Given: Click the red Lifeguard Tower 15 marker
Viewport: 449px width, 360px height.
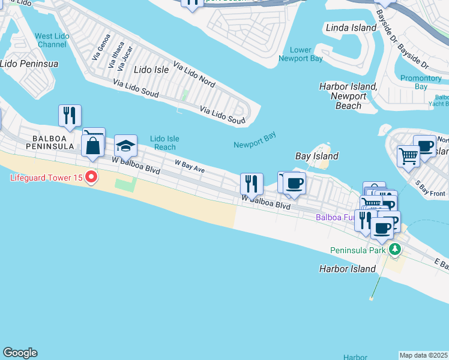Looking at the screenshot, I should pos(91,178).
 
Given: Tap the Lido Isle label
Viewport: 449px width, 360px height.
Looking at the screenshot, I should pos(151,70).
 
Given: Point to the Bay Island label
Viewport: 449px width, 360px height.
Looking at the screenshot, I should pos(317,156).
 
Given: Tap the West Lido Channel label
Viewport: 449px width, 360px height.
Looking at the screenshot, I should pos(51,40).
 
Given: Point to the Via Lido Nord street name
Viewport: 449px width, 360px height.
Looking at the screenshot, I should pos(194,73).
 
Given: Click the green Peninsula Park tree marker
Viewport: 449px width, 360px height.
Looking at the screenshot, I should pos(394,249).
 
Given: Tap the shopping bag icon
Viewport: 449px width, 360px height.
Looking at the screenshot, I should pos(93,146).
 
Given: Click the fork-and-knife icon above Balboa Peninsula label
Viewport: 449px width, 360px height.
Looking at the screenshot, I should pos(70,115).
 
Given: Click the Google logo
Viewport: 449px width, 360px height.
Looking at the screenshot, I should pos(20,353).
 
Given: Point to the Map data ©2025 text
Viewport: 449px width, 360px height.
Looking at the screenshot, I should pos(424,355).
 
